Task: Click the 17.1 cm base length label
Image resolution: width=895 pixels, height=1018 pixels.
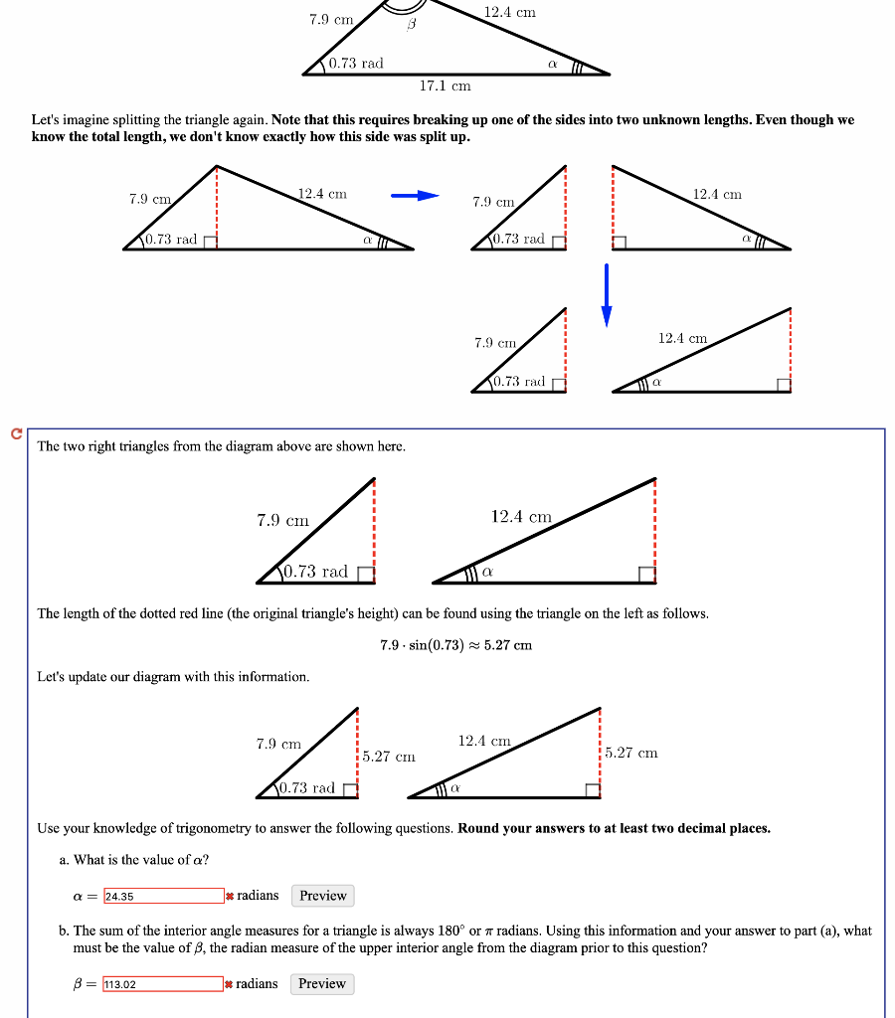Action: (445, 86)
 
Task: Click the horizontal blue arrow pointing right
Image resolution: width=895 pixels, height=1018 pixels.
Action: (414, 196)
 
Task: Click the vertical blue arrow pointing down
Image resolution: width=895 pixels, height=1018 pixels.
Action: (606, 294)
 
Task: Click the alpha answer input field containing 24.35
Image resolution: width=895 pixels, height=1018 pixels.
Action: (163, 896)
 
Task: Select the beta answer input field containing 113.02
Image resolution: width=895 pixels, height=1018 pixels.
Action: (163, 984)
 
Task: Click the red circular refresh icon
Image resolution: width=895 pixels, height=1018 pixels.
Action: (15, 433)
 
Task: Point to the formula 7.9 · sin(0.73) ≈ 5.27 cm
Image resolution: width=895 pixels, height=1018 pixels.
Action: (455, 645)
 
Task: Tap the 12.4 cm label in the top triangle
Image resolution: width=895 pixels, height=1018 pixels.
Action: (509, 12)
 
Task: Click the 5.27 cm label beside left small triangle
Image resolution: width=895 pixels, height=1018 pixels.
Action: (389, 757)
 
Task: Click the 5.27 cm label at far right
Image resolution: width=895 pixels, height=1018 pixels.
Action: (631, 753)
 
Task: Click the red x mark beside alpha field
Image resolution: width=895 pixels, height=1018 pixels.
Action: (230, 896)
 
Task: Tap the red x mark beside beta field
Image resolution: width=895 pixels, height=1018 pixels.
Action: (230, 984)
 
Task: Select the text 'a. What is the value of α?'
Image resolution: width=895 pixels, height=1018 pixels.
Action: (134, 860)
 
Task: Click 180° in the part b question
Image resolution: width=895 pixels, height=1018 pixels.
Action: (449, 932)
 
